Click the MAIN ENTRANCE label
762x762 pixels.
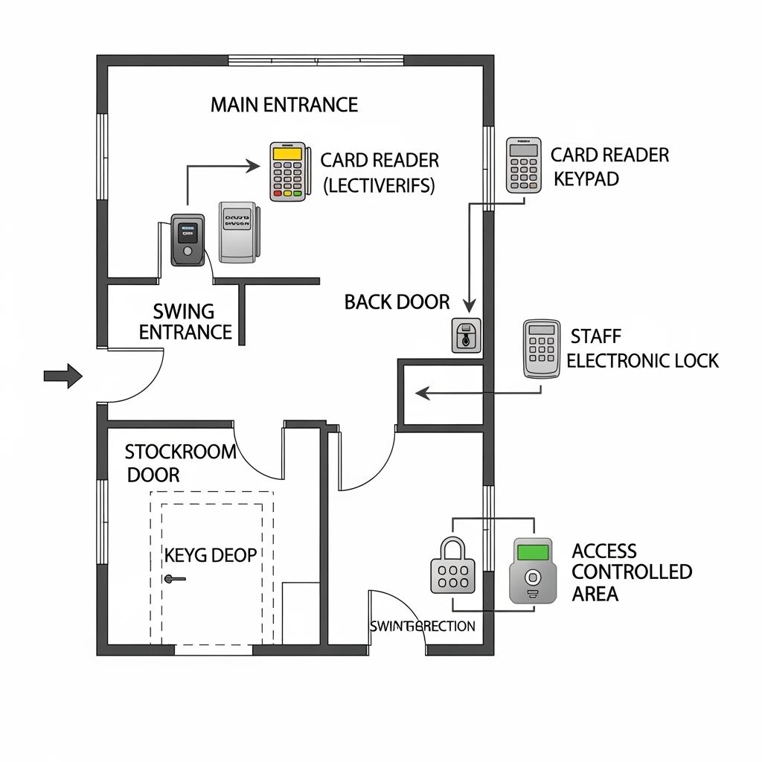coord(284,105)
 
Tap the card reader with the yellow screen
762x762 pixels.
coord(288,171)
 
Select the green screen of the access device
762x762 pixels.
coord(532,552)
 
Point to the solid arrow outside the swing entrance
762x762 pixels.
coord(63,375)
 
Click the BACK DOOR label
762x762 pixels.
coord(397,302)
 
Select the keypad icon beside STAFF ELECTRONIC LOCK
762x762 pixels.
coord(542,348)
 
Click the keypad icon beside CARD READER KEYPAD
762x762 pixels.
coord(523,165)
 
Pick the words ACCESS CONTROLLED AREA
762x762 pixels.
coord(632,572)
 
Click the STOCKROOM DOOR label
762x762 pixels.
coord(180,462)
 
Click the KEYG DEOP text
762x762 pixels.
coord(211,555)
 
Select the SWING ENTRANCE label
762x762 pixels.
coord(185,321)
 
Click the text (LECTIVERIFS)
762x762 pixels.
coord(379,185)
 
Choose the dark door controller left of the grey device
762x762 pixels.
coord(187,240)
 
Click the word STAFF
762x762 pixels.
coord(596,337)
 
